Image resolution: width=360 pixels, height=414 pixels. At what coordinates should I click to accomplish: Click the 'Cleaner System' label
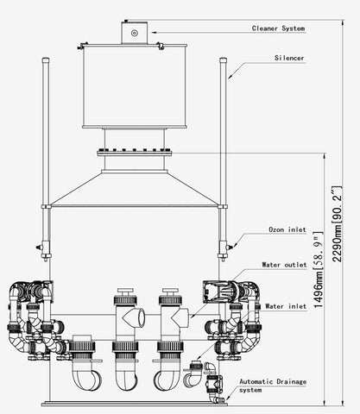[x=278, y=28]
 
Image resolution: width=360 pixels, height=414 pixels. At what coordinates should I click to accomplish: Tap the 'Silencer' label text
[x=289, y=58]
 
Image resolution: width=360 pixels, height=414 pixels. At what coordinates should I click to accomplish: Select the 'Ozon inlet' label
[x=287, y=229]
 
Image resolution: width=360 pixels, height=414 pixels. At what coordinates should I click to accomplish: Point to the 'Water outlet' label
[x=284, y=265]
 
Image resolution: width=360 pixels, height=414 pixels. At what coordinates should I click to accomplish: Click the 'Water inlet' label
[x=286, y=306]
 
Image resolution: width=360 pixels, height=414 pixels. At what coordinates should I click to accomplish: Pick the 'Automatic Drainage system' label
[x=273, y=386]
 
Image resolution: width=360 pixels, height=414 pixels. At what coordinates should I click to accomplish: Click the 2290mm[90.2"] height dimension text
[x=337, y=224]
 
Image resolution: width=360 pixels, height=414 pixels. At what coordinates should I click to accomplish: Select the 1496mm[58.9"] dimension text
[x=318, y=269]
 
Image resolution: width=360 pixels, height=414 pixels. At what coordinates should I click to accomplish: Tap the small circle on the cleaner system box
[x=135, y=33]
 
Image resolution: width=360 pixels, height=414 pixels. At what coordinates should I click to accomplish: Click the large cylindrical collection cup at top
[x=135, y=86]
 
